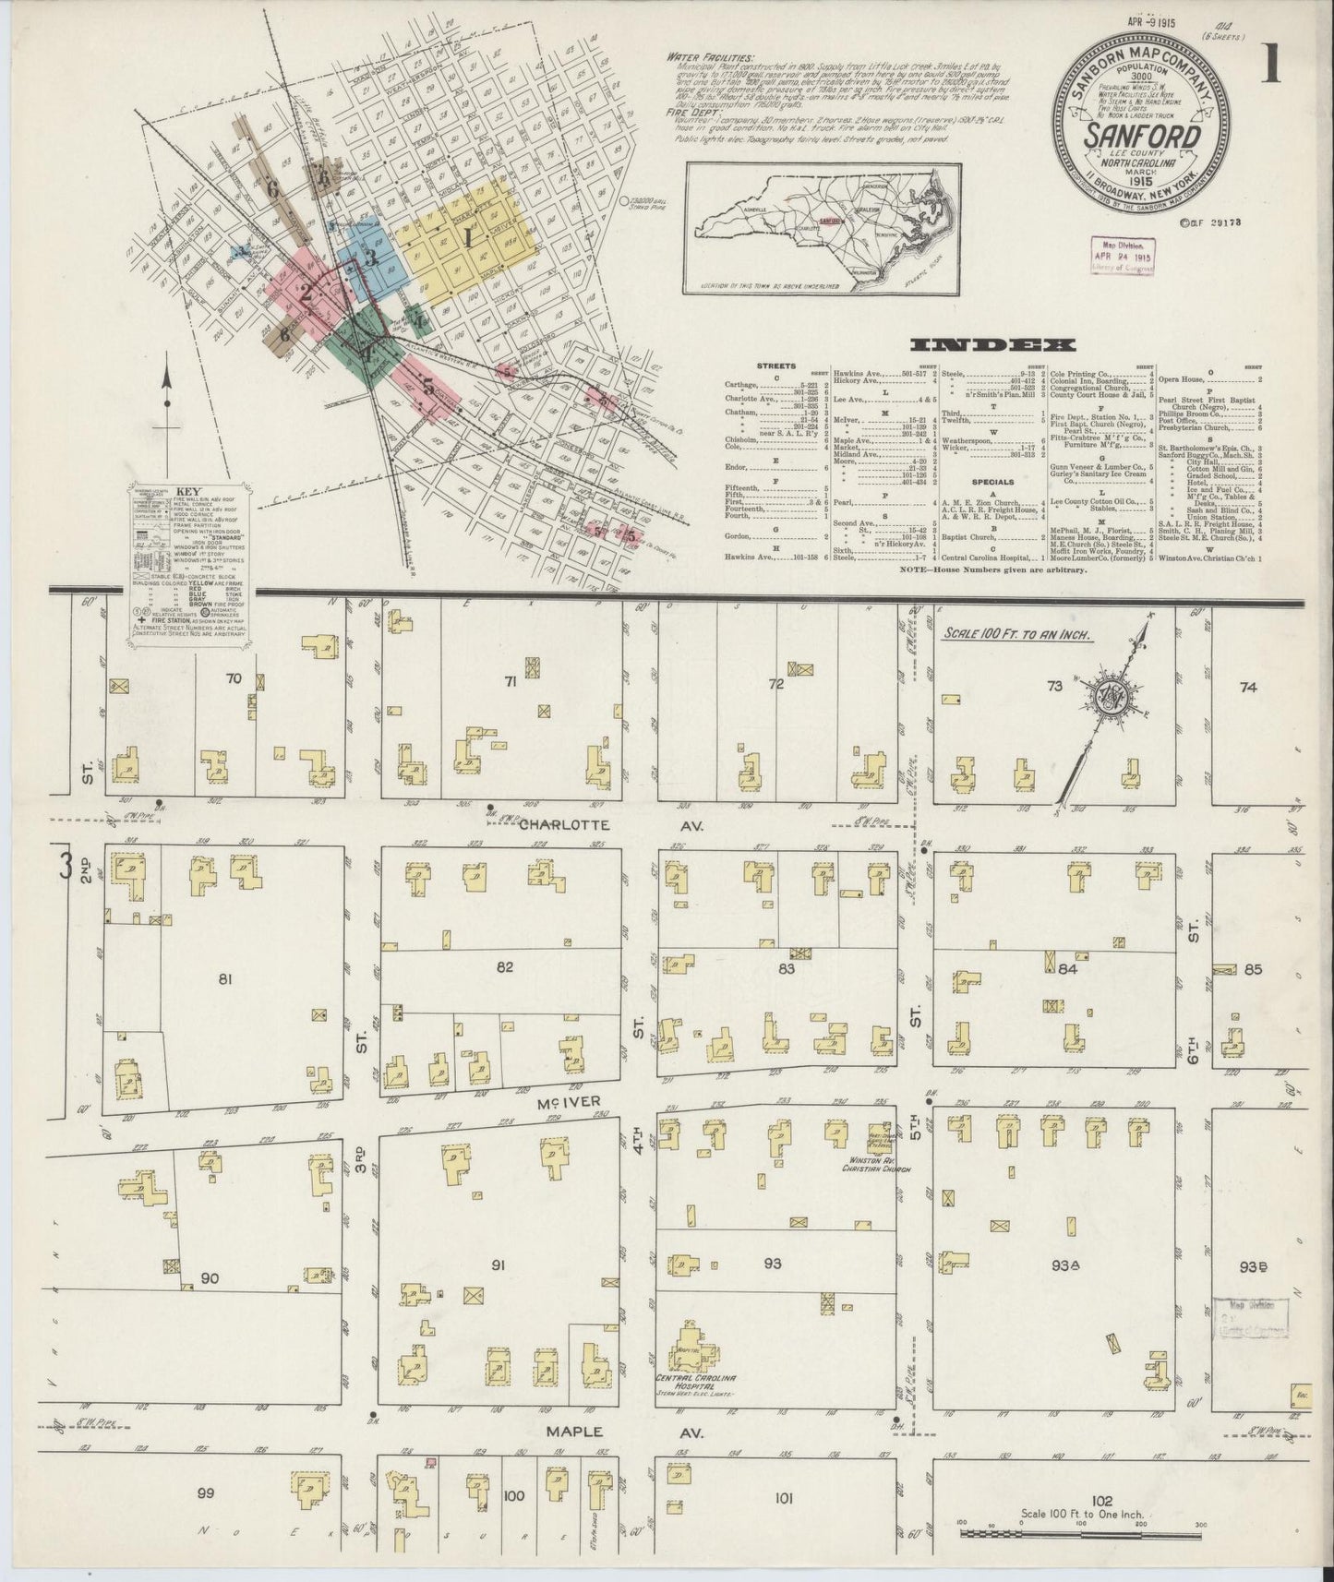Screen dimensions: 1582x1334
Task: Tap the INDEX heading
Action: [992, 345]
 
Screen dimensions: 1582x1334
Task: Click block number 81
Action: [224, 979]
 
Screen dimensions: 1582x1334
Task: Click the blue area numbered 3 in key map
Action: [369, 256]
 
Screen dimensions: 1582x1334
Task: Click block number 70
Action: [234, 678]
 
